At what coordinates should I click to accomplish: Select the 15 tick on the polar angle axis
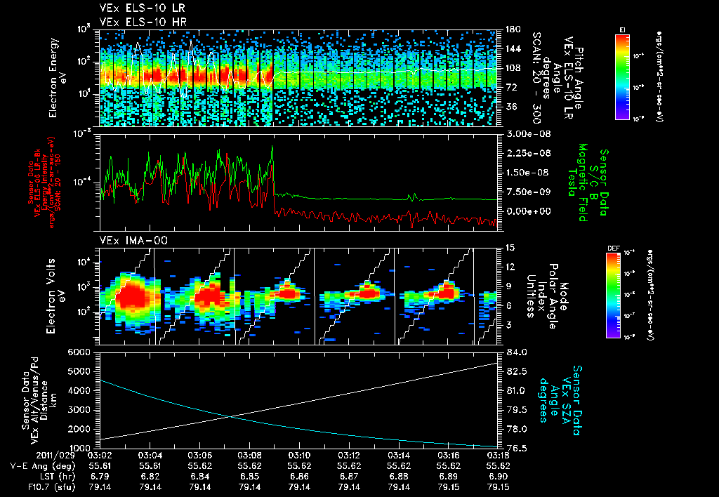pyautogui.click(x=507, y=247)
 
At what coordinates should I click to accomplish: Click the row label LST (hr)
pyautogui.click(x=32, y=476)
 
